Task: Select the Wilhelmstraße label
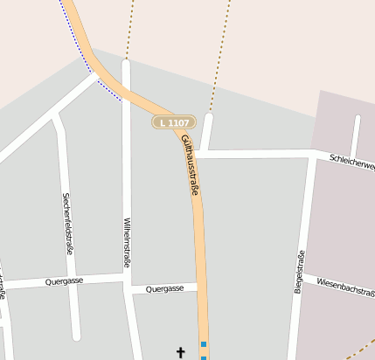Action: [x=127, y=242]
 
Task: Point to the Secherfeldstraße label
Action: [x=66, y=224]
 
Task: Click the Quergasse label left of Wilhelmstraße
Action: [x=65, y=282]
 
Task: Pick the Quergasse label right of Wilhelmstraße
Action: [x=164, y=288]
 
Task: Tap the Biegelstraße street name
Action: [x=300, y=271]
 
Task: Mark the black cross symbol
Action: [x=181, y=353]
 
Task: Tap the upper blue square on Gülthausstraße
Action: [x=204, y=344]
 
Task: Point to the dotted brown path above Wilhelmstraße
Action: [x=130, y=26]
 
